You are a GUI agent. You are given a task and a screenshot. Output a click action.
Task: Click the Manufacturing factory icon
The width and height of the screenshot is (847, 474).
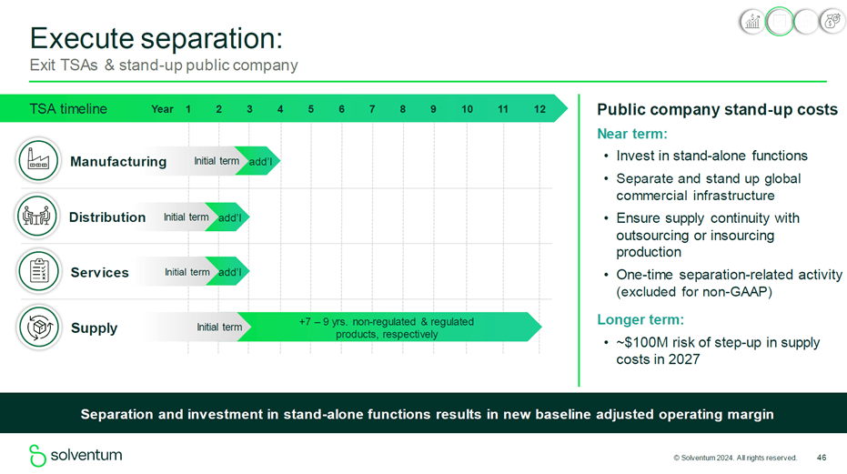[x=39, y=161]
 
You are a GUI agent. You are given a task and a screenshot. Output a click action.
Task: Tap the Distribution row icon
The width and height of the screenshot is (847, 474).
[x=38, y=217]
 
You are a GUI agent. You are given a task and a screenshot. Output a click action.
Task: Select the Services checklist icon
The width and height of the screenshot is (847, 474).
[x=39, y=272]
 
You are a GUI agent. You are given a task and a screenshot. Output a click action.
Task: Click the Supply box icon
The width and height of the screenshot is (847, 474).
[x=39, y=328]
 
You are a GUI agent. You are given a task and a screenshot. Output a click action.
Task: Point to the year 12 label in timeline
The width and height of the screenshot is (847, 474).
[x=539, y=109]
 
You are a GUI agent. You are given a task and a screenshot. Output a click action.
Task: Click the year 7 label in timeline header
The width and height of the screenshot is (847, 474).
[x=372, y=109]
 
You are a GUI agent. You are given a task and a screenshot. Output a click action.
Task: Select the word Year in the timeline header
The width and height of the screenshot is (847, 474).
[x=162, y=109]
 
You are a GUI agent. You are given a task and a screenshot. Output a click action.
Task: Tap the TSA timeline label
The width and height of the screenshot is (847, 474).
[x=67, y=109]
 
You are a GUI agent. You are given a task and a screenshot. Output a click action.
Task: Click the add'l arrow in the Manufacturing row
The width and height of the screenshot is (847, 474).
[x=259, y=162]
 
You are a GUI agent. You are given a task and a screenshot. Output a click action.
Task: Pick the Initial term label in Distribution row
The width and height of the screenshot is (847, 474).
[x=186, y=217]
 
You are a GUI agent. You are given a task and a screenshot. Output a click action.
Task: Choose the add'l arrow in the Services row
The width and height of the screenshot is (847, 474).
[x=229, y=272]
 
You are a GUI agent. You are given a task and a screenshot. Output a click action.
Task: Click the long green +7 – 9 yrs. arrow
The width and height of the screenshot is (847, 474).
[x=387, y=328]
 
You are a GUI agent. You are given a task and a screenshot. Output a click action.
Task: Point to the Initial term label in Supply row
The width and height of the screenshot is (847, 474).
[x=219, y=328]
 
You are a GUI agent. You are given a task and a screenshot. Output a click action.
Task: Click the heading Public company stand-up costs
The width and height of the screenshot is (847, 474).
[x=717, y=109]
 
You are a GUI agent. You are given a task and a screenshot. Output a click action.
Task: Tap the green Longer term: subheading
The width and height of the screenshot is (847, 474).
[x=640, y=319]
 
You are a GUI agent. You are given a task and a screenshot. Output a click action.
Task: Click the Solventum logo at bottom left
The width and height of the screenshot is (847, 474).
[x=76, y=455]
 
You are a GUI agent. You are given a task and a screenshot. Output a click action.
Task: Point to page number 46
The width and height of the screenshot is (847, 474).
[x=822, y=458]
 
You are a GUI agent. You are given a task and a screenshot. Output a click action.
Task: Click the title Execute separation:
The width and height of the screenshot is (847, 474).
[x=156, y=38]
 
